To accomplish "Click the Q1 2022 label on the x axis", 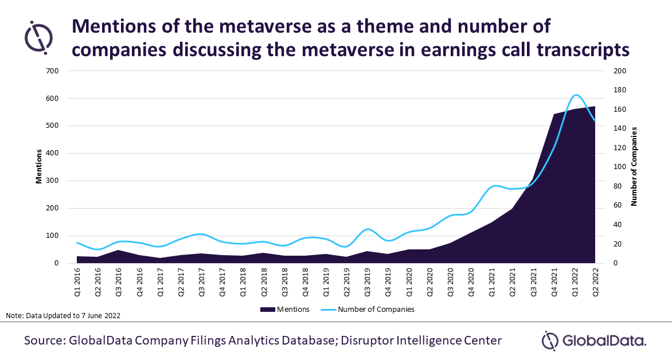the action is [575, 282].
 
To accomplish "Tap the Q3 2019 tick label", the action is [368, 282].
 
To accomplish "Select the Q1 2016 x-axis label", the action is [77, 282].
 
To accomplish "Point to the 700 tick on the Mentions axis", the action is [52, 71].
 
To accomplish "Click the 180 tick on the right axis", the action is [620, 90].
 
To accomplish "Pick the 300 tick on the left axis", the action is [52, 181].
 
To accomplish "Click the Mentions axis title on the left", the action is [39, 166].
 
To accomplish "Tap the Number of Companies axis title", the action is [634, 166].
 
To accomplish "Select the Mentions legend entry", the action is [284, 310].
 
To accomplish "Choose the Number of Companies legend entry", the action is [368, 310].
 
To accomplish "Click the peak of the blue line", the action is [576, 95].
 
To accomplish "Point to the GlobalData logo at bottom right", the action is [594, 342].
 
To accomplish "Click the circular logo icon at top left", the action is [38, 37].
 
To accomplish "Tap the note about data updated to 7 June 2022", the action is [63, 316].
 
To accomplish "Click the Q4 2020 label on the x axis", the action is [471, 282].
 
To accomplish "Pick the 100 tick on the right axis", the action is [620, 167].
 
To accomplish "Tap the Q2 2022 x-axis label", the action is [595, 282].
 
